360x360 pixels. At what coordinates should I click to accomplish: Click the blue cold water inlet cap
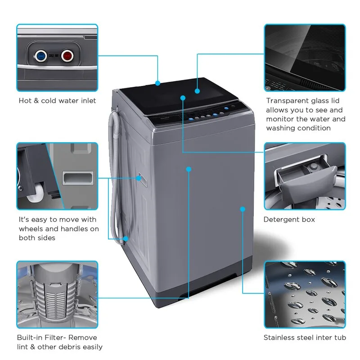coord(41,56)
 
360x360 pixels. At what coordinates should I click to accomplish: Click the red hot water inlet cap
coord(67,56)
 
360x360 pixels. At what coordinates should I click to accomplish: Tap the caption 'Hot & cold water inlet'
coord(57,101)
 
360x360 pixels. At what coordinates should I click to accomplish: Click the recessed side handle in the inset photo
coord(76,178)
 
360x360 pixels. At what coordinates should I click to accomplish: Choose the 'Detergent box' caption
coord(289,220)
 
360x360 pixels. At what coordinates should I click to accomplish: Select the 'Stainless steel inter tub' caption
coord(305,337)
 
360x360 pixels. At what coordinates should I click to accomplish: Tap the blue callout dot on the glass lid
coord(197,91)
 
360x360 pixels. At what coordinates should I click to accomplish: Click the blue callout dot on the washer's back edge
coord(158,83)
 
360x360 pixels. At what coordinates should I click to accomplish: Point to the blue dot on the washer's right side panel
coord(243,209)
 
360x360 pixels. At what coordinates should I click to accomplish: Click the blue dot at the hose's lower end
coord(126,238)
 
